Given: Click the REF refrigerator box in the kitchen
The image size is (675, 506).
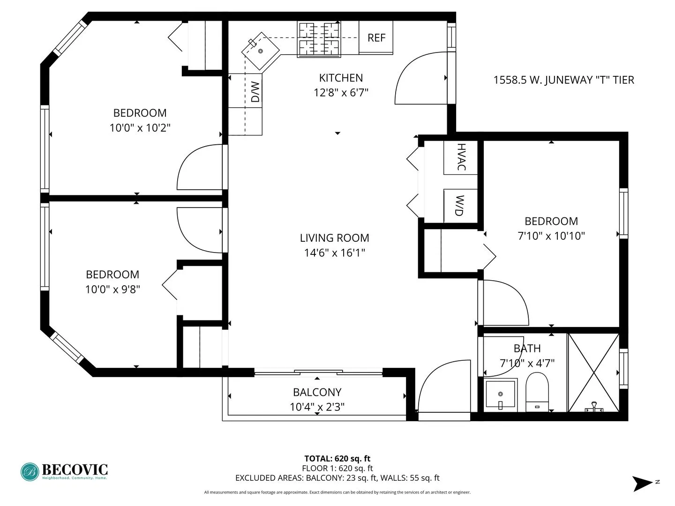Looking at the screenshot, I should tap(376, 37).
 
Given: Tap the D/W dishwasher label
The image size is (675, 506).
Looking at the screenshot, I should tap(255, 92).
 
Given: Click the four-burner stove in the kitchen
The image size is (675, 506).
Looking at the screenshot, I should tap(319, 39).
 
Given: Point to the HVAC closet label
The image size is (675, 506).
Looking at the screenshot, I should tap(461, 157).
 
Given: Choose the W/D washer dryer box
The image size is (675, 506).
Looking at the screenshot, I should tap(460, 206).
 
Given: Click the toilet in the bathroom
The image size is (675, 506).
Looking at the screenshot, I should tap(537, 391).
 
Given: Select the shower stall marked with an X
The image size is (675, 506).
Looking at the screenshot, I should tap(593, 372).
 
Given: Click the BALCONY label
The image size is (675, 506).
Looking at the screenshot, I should tap(317, 392).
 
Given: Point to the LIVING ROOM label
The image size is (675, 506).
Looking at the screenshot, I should tap(334, 238).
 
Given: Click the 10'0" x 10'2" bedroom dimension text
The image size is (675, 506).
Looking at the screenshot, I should tap(140, 127).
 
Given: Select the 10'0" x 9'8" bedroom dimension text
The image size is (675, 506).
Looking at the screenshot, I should tap(112, 289).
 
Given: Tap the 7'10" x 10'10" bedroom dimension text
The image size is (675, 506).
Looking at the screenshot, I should tap(551, 236).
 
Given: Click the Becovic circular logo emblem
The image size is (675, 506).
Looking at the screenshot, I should tap(30, 472).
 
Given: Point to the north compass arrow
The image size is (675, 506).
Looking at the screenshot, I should tap(642, 483).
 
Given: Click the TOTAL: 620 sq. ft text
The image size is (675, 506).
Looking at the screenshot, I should tap(337, 459).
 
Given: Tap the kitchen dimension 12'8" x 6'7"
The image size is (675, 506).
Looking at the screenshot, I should tap(341, 92).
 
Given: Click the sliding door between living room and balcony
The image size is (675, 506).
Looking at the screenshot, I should tap(318, 373).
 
